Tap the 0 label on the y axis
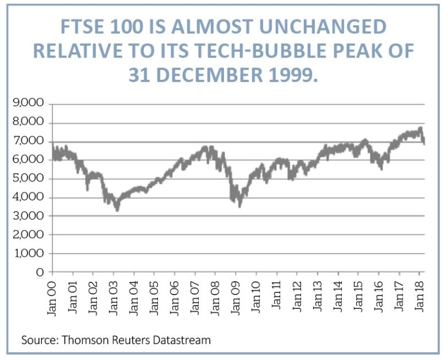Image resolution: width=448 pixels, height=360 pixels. click(x=41, y=272)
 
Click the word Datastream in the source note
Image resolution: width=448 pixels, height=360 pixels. click(x=183, y=340)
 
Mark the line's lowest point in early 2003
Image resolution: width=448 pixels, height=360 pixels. click(x=117, y=210)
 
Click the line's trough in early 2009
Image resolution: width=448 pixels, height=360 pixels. click(x=240, y=206)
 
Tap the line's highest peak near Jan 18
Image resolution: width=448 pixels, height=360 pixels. click(x=420, y=127)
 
